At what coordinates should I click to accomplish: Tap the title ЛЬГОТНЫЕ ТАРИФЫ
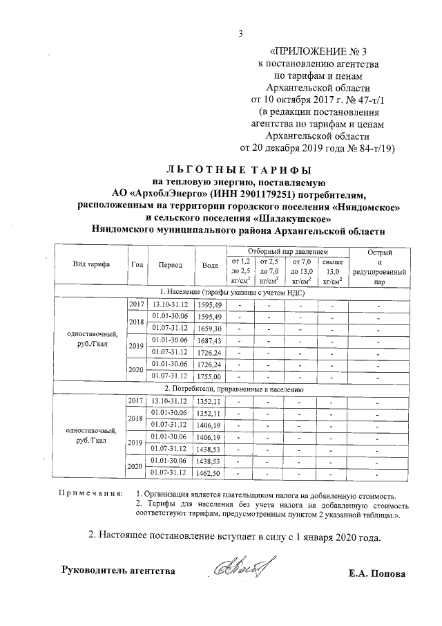coord(239,169)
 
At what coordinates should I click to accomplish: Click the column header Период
coord(170,265)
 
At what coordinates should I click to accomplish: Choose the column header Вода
coord(209,265)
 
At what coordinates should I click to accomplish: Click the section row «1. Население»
coord(238,293)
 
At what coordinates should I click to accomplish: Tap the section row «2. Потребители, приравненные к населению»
coord(238,389)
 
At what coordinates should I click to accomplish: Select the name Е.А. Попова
coord(378,573)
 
